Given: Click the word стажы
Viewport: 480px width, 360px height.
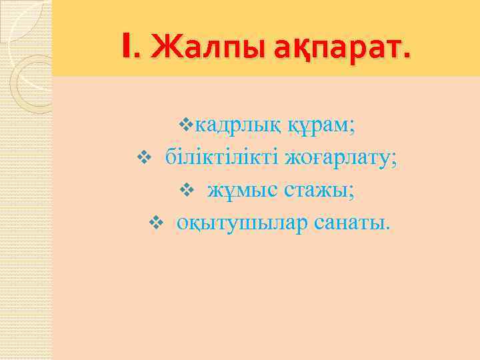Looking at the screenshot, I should coord(317,191).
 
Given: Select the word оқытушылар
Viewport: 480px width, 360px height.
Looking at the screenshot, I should coord(244,223).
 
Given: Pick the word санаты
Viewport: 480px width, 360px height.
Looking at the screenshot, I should coord(353,223).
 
